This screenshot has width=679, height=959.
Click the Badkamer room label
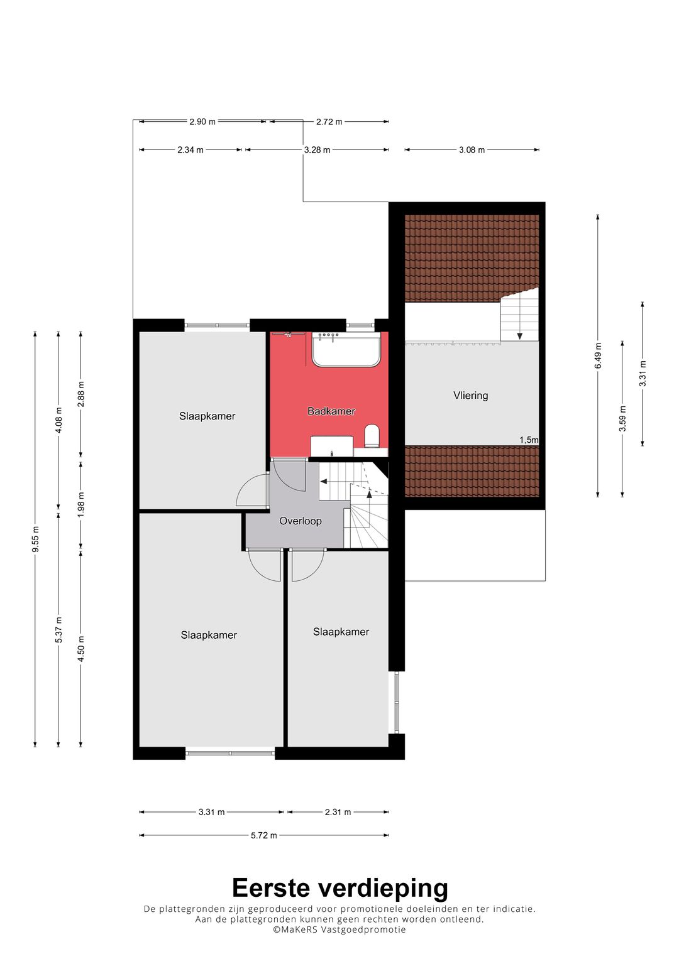331,411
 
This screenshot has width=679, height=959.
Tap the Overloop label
300,521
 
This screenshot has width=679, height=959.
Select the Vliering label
471,395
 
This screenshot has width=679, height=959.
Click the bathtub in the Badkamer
346,350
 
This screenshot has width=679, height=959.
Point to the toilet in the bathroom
371,436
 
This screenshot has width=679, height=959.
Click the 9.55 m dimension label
36,539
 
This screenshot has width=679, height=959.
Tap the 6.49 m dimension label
598,355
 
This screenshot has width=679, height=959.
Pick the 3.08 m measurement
472,150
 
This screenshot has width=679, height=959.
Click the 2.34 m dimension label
190,150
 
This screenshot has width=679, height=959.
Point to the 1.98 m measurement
81,504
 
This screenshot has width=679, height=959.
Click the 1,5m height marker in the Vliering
529,440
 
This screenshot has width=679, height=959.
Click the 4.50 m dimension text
81,649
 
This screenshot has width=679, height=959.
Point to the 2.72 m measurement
329,122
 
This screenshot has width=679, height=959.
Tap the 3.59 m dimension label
622,418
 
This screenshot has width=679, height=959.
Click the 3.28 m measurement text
317,150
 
